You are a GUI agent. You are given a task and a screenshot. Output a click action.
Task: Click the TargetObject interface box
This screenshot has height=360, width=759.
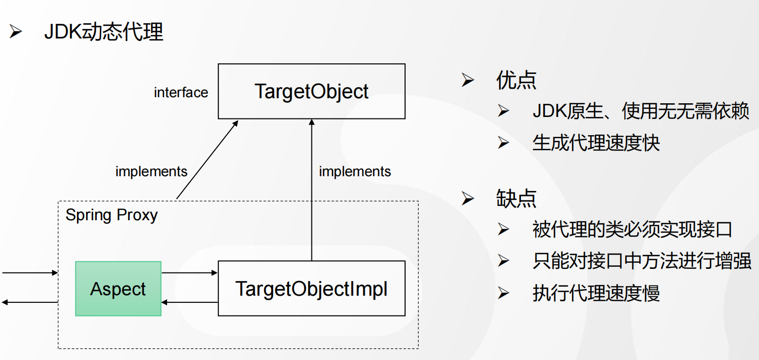pos(311,91)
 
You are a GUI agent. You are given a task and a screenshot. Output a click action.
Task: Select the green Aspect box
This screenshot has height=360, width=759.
pos(118,289)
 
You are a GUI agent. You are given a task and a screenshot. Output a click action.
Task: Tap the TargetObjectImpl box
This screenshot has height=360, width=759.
pos(311,289)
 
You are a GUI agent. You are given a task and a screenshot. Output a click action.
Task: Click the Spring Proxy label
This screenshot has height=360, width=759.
pos(111,215)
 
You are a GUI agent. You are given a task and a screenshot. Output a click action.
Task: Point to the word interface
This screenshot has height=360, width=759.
pos(181,92)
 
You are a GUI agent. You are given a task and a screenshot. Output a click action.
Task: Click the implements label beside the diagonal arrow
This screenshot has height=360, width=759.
pos(151,172)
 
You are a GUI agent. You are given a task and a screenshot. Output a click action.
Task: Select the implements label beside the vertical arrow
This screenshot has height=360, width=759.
pos(355,172)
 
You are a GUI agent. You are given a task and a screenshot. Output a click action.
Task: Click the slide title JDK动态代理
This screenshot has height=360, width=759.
pos(104,32)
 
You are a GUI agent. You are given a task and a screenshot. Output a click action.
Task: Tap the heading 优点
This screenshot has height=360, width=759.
pos(516,81)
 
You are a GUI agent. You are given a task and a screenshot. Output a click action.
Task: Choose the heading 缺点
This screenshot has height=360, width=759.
pos(516,198)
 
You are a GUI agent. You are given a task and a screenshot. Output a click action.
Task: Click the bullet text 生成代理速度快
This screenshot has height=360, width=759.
pos(596,143)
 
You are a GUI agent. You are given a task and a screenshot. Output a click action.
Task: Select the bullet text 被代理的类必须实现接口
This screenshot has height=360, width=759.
pos(632,229)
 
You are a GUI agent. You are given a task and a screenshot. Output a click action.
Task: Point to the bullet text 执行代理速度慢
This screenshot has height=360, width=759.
pos(596,293)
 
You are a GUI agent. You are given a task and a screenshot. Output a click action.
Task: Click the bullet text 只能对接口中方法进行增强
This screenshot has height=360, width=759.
pos(642,261)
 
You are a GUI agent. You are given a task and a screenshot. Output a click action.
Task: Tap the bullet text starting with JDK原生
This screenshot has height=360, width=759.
pos(641,111)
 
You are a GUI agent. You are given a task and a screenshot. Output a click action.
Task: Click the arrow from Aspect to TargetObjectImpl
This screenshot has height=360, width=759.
pos(189,272)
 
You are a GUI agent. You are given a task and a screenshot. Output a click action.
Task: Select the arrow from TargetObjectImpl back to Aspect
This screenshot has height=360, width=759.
pos(189,302)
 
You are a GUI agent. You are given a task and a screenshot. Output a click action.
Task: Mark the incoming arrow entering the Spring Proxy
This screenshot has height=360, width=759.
pos(30,272)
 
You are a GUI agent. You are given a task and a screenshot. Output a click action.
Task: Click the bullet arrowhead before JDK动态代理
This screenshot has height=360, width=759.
pos(16,31)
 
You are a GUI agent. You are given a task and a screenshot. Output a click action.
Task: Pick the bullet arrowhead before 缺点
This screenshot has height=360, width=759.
pos(467,198)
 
